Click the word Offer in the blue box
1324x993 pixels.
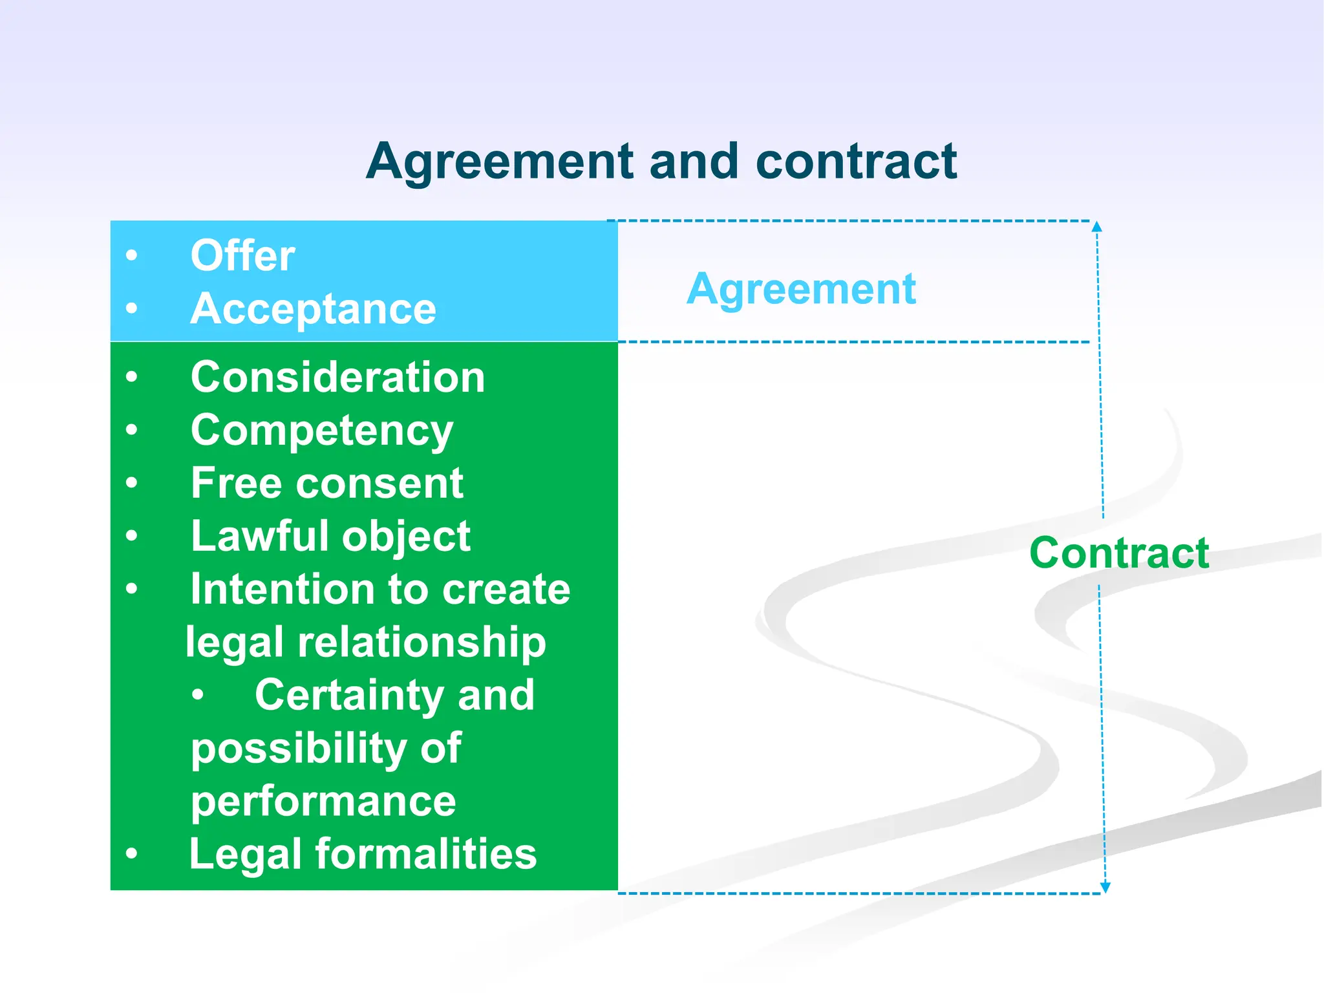click(x=242, y=256)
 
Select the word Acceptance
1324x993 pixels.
click(x=313, y=309)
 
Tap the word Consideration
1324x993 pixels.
click(x=337, y=377)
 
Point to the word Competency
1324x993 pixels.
click(x=322, y=431)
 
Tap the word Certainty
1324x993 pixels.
click(x=349, y=696)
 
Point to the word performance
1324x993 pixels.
click(x=323, y=802)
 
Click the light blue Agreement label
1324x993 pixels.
click(x=801, y=289)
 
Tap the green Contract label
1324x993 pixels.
click(x=1119, y=553)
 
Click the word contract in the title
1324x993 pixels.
click(x=856, y=162)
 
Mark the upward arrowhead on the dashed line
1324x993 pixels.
click(x=1096, y=227)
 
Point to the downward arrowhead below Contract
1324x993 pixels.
click(x=1105, y=887)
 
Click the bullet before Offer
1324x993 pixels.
click(x=132, y=256)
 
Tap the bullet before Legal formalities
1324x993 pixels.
click(x=132, y=854)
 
